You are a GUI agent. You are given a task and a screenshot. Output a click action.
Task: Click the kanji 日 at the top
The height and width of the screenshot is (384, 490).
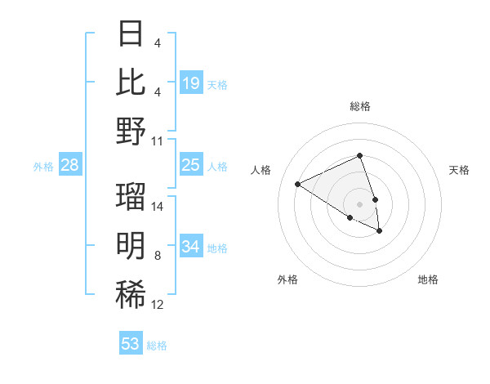tap(131, 35)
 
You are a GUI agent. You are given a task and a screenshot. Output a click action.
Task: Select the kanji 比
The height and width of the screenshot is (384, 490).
tap(131, 83)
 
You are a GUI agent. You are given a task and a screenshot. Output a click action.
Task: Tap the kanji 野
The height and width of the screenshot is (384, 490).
tap(131, 130)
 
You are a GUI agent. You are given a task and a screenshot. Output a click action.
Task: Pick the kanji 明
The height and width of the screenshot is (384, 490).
tap(131, 245)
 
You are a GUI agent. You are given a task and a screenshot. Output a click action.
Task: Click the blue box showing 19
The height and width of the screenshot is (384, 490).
tap(191, 83)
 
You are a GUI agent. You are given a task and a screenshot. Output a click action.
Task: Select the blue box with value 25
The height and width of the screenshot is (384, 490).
tap(191, 166)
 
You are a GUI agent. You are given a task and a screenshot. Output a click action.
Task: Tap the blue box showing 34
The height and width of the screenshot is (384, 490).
tap(191, 247)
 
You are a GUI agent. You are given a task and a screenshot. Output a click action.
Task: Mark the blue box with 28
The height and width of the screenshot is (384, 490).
tap(70, 166)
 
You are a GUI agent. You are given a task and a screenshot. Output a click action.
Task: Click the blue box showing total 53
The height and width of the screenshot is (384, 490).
tap(131, 344)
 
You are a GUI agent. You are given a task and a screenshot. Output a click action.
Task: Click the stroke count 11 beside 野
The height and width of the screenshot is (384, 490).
tap(158, 141)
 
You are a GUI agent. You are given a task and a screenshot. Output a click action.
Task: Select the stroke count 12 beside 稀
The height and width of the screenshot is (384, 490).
tap(158, 305)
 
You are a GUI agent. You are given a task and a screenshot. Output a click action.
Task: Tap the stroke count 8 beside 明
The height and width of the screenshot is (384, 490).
tap(158, 256)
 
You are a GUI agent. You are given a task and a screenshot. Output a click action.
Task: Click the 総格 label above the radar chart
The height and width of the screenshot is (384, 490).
tap(360, 106)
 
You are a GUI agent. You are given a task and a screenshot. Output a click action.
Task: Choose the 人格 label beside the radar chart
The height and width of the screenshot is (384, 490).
tap(261, 170)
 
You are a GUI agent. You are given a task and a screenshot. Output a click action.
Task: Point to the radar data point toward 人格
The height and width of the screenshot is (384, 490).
tap(298, 185)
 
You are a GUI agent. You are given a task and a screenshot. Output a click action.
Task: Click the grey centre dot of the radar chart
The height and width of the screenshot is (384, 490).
tap(360, 203)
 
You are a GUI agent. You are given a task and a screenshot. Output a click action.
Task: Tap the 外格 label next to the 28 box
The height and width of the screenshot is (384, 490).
tap(43, 167)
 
